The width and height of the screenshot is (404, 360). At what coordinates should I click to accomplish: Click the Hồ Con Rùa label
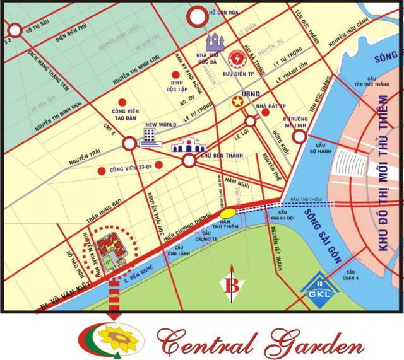(x=224, y=13)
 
